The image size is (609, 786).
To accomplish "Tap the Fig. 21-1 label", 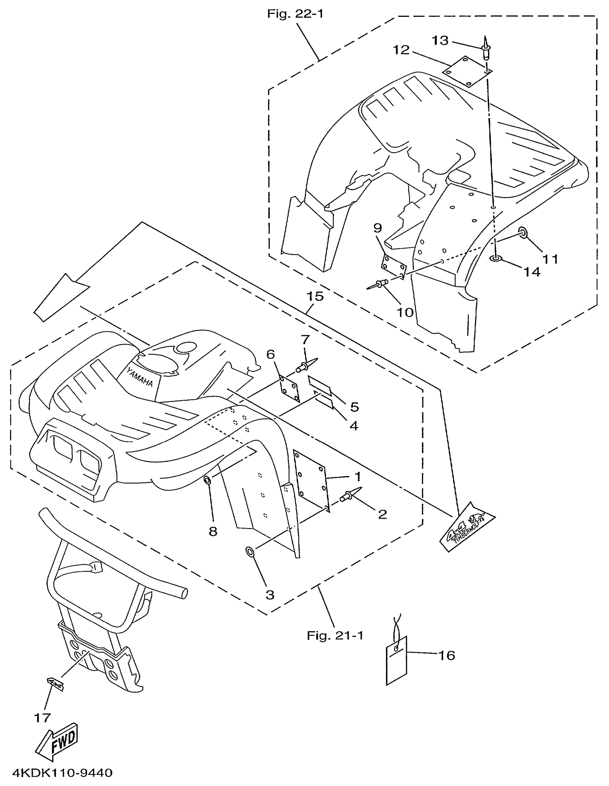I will pyautogui.click(x=335, y=636).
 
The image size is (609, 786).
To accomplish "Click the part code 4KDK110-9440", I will pyautogui.click(x=62, y=773).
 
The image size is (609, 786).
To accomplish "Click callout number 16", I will pyautogui.click(x=447, y=655).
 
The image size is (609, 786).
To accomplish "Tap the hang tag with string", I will pyautogui.click(x=396, y=661).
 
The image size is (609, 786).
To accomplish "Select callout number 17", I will pyautogui.click(x=43, y=718).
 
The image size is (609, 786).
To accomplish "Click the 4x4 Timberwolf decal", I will pyautogui.click(x=467, y=528).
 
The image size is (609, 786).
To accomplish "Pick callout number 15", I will pyautogui.click(x=315, y=297).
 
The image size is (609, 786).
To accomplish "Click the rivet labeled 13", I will pyautogui.click(x=485, y=49).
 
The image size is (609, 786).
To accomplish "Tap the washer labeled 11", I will pyautogui.click(x=523, y=233).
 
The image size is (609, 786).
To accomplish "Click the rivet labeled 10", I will pyautogui.click(x=379, y=284).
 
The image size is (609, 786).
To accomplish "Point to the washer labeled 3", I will pyautogui.click(x=249, y=551).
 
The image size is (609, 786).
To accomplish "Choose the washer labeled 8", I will pyautogui.click(x=208, y=480).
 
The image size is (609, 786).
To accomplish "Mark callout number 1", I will pyautogui.click(x=358, y=477).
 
